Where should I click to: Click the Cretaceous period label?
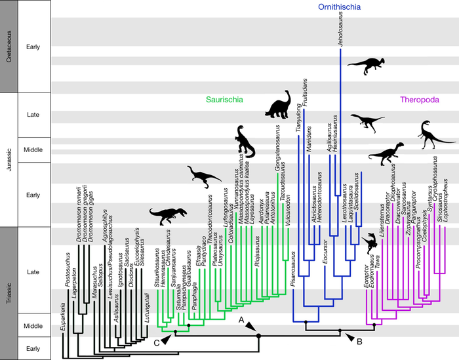click(x=9, y=47)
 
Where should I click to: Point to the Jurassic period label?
click(x=9, y=159)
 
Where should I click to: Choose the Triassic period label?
click(x=9, y=292)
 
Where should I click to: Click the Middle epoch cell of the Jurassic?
click(x=33, y=150)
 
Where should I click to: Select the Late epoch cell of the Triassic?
click(x=33, y=270)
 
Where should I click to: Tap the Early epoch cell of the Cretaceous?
click(x=33, y=47)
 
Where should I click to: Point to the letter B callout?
click(x=359, y=340)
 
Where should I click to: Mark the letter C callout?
click(x=155, y=342)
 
